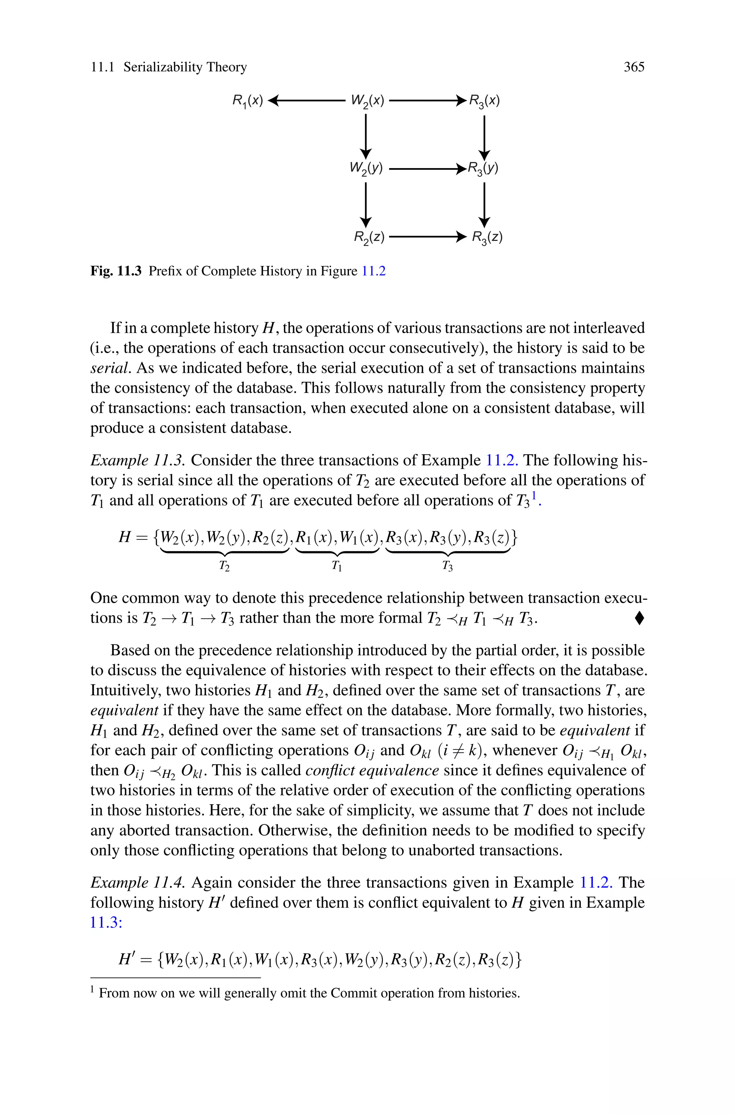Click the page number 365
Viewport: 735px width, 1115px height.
[x=633, y=67]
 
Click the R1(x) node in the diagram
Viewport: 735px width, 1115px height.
[x=248, y=100]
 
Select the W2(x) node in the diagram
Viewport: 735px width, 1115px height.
[x=367, y=100]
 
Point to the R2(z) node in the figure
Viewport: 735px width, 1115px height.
[x=369, y=237]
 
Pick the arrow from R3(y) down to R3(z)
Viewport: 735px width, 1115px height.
[x=484, y=204]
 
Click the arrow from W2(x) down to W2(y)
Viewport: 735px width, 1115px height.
[x=366, y=136]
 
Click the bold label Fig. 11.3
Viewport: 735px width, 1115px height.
[x=116, y=271]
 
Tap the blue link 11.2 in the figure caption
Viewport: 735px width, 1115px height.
[x=374, y=271]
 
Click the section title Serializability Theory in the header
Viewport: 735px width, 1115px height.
[x=185, y=67]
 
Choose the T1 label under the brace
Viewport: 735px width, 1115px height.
[x=337, y=566]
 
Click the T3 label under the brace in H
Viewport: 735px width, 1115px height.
[x=448, y=566]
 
